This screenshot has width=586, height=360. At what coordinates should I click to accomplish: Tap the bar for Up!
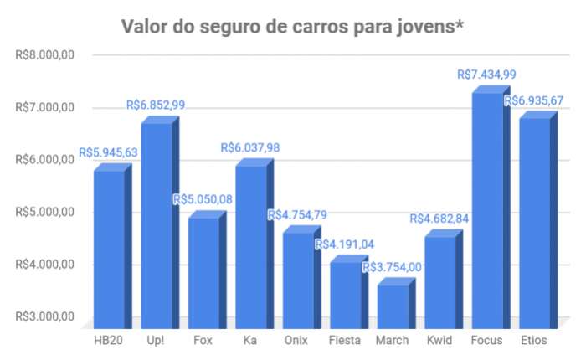click(157, 226)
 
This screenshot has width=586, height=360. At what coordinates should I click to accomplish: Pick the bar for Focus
click(486, 209)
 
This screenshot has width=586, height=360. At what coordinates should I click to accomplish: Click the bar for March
click(392, 306)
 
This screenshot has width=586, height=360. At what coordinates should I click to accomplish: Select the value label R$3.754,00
click(392, 268)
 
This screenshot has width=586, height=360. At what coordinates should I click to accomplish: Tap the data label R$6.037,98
click(250, 147)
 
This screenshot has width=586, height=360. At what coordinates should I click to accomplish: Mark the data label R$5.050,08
click(203, 199)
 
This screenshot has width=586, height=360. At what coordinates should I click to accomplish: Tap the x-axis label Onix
click(297, 340)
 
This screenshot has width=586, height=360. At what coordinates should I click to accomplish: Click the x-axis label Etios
click(533, 340)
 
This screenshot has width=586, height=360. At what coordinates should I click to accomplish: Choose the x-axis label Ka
click(250, 340)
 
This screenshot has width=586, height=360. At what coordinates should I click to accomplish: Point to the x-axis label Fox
click(203, 340)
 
